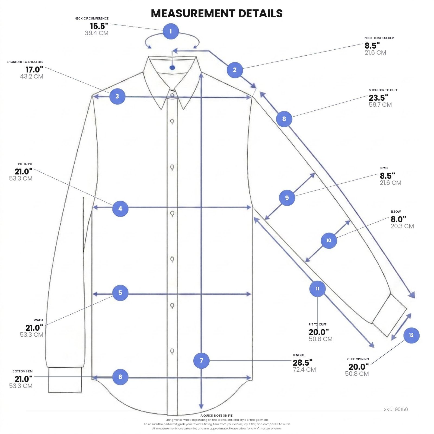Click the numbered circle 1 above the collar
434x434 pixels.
click(171, 31)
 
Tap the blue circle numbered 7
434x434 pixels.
click(201, 360)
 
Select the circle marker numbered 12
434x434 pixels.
click(411, 335)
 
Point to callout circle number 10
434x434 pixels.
click(329, 240)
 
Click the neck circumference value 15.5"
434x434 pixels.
click(99, 26)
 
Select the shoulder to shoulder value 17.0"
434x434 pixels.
click(34, 70)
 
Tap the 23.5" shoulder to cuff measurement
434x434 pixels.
click(378, 98)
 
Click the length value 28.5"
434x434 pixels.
click(302, 363)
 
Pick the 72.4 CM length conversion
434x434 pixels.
click(304, 369)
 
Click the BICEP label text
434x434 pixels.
click(384, 168)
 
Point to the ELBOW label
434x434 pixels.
click(395, 212)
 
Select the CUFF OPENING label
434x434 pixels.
click(358, 359)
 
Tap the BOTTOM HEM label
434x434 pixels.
click(23, 371)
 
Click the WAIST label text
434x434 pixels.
click(39, 320)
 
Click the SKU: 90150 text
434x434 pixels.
click(396, 409)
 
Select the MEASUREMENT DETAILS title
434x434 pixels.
click(217, 13)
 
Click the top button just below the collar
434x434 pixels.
click(172, 95)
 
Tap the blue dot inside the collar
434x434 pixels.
click(172, 67)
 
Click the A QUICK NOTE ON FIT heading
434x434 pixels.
click(217, 416)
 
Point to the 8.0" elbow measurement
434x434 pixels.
click(398, 219)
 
